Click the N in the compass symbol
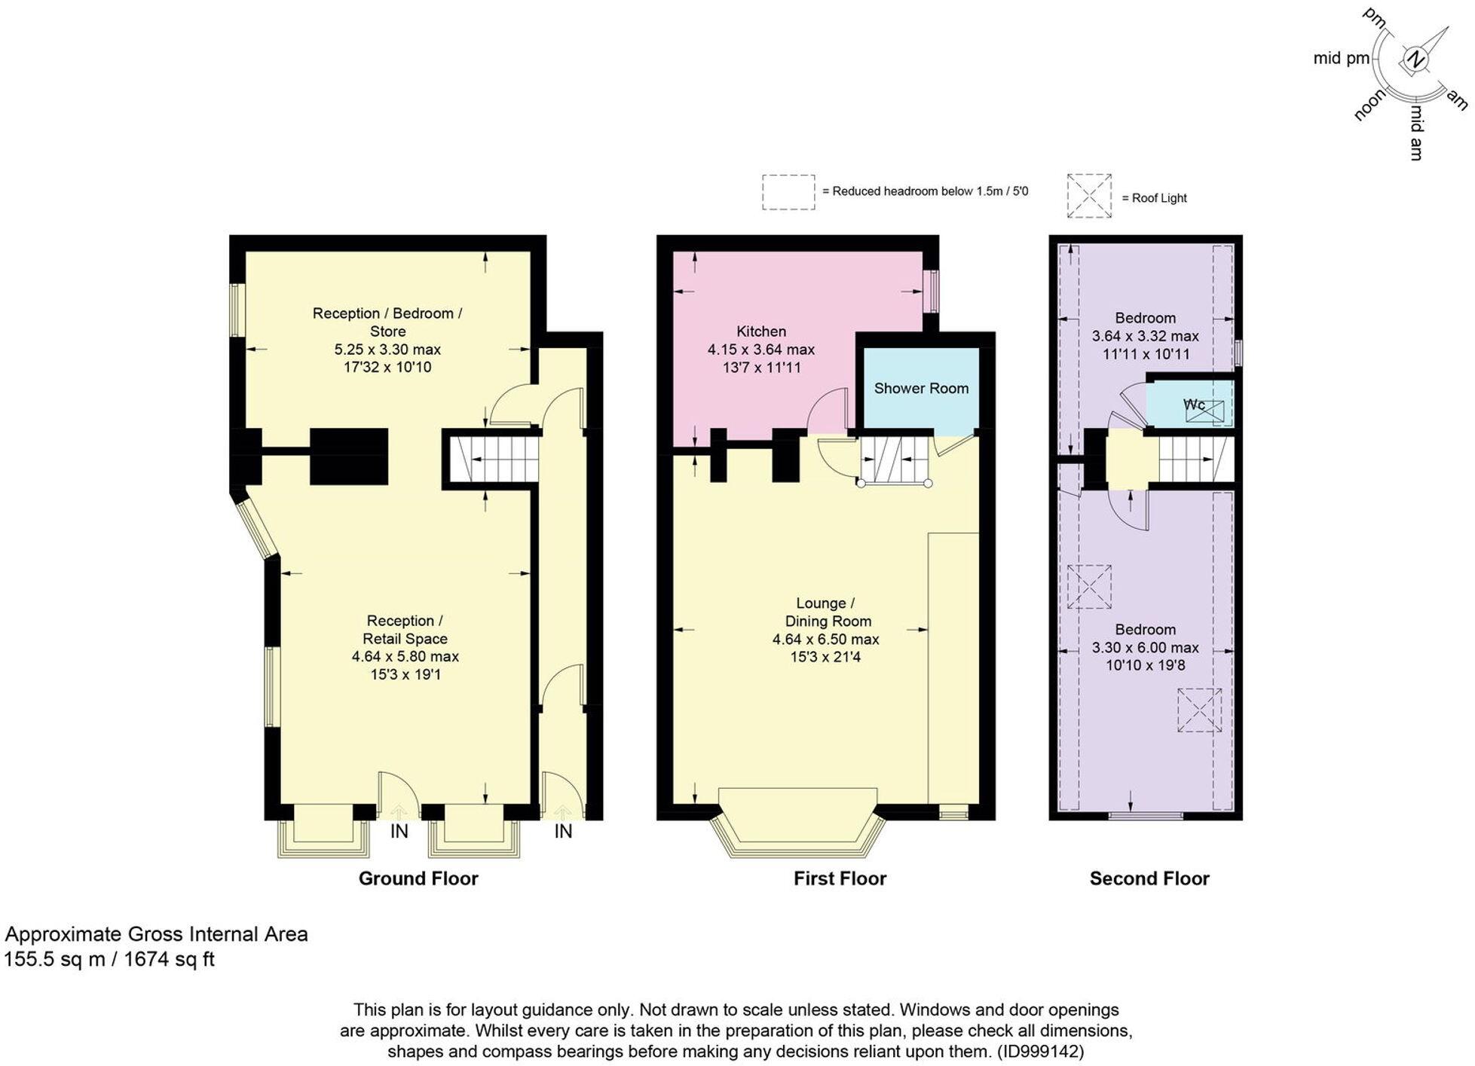pyautogui.click(x=1416, y=60)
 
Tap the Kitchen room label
pyautogui.click(x=760, y=331)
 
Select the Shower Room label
pyautogui.click(x=921, y=389)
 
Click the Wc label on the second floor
pyautogui.click(x=1194, y=405)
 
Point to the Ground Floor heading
pyautogui.click(x=418, y=878)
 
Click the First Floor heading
pyautogui.click(x=840, y=878)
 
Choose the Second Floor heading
pyautogui.click(x=1149, y=878)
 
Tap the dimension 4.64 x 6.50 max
pyautogui.click(x=825, y=640)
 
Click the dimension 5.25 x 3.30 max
pyautogui.click(x=387, y=350)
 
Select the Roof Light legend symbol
pyautogui.click(x=1089, y=196)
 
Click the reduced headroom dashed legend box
pyautogui.click(x=788, y=191)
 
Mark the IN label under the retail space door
pyautogui.click(x=399, y=832)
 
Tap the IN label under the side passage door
pyautogui.click(x=563, y=832)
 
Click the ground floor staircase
pyautogui.click(x=494, y=460)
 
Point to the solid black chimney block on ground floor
pyautogui.click(x=349, y=457)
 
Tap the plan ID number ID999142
pyautogui.click(x=1040, y=1051)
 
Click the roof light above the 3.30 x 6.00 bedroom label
pyautogui.click(x=1089, y=587)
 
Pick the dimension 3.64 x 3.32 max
pyautogui.click(x=1145, y=336)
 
